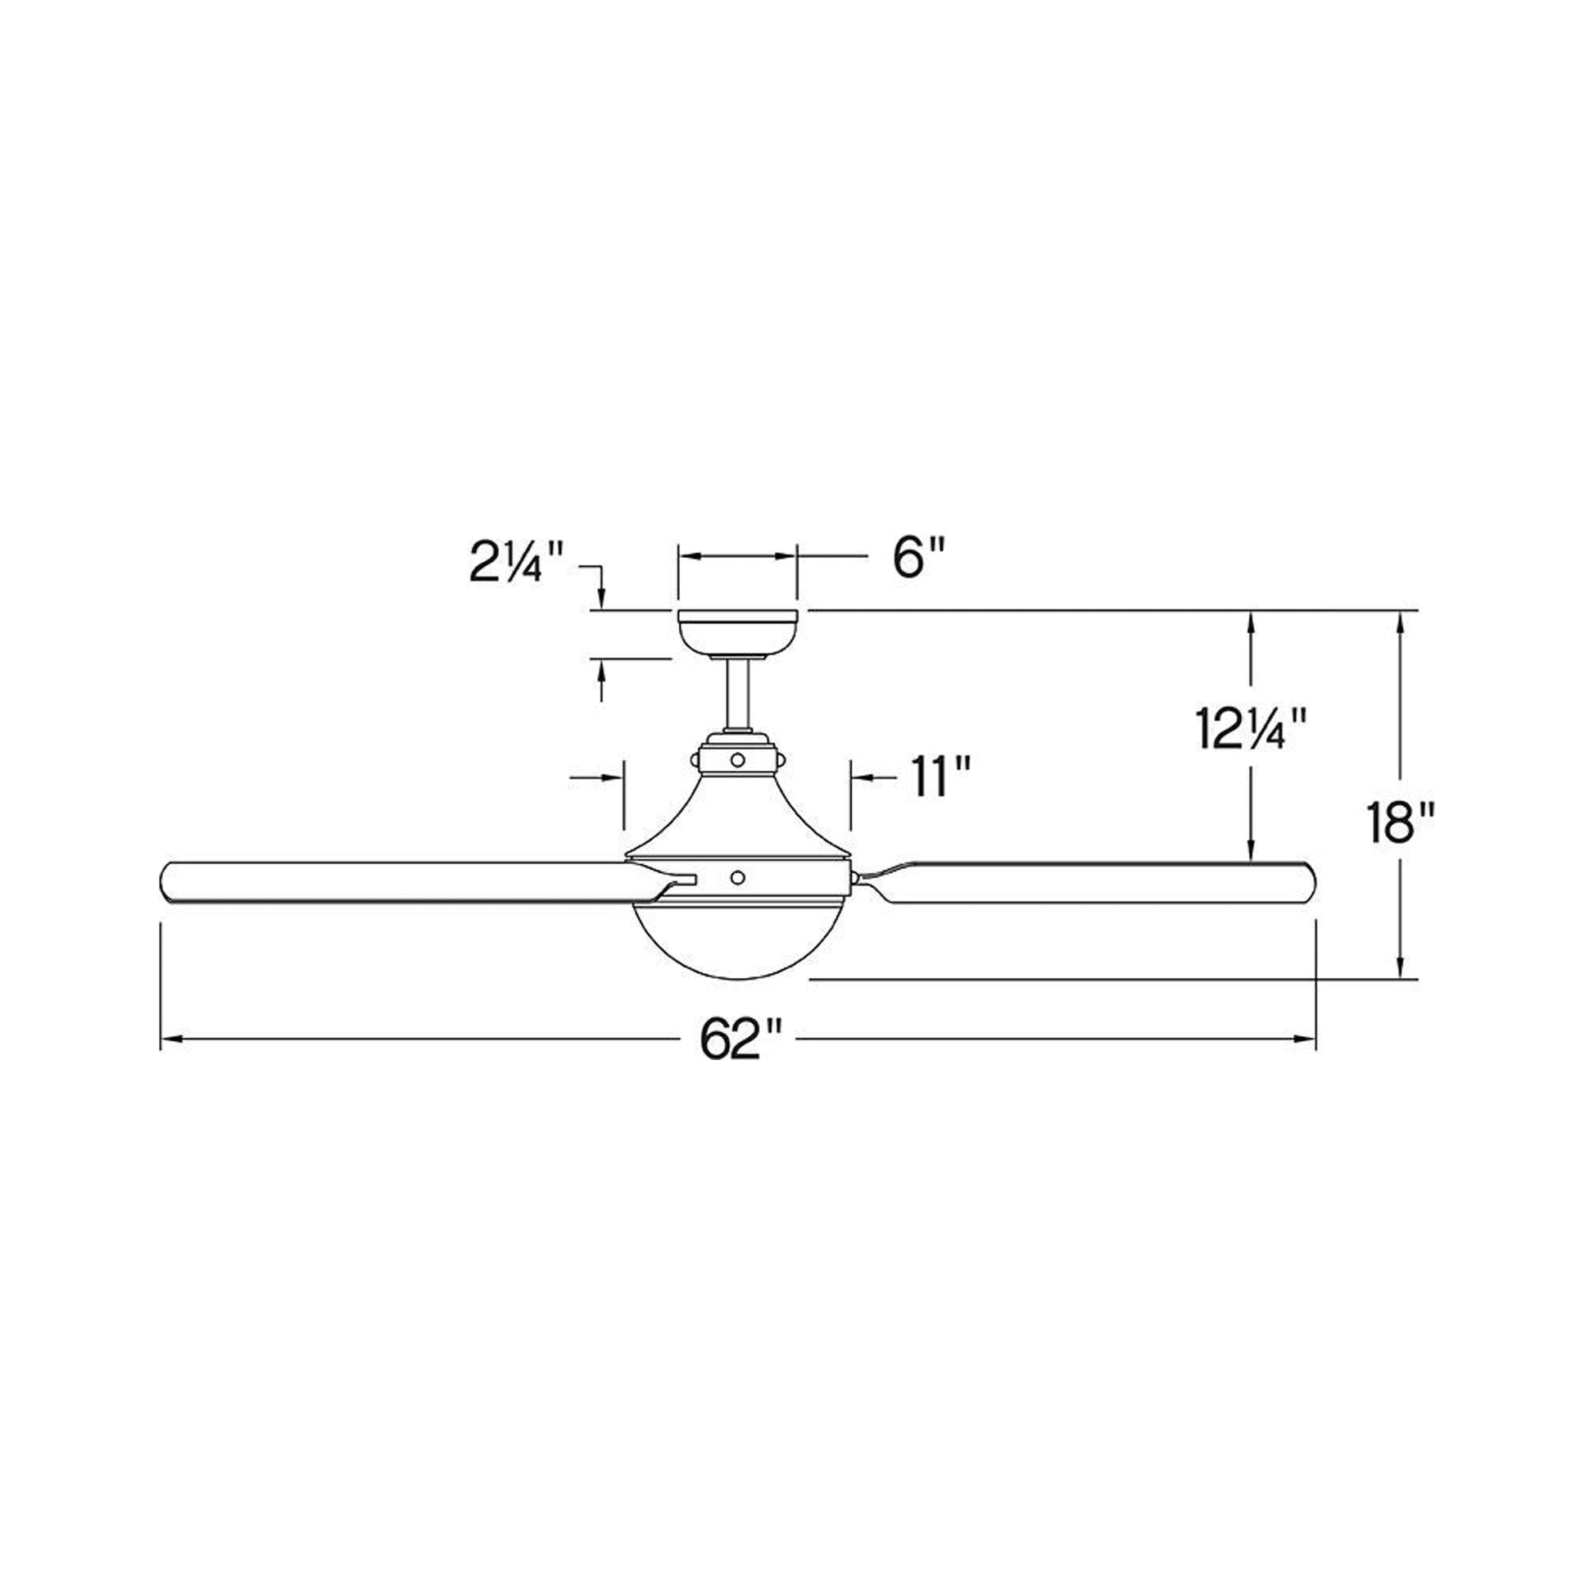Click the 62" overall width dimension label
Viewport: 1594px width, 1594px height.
click(740, 1039)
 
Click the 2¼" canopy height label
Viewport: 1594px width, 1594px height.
click(519, 561)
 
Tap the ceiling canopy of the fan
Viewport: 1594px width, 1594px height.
click(736, 633)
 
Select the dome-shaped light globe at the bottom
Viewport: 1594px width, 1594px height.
click(738, 943)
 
